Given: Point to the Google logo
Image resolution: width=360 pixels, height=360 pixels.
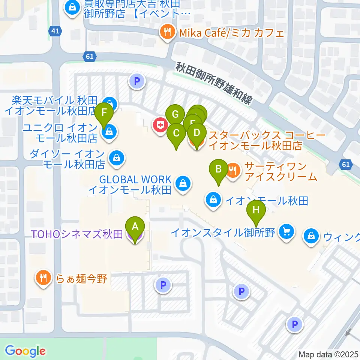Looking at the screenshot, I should coord(25,351).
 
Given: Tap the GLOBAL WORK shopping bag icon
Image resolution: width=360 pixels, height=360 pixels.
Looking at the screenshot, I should coord(183,184).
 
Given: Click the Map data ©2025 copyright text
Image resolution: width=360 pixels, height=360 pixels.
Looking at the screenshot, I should coord(328,354).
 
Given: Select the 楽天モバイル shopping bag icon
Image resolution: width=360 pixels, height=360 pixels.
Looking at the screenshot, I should coord(109,102).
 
